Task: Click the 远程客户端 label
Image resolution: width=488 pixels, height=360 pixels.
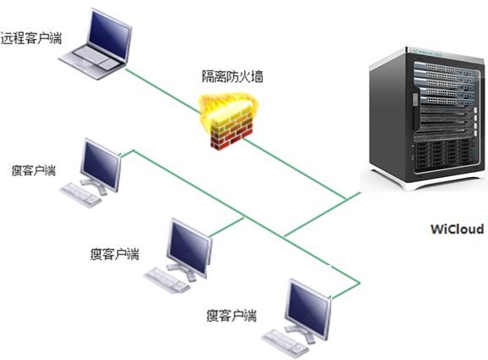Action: pyautogui.click(x=31, y=38)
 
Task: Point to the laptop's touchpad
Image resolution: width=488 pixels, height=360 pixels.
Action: pyautogui.click(x=107, y=64)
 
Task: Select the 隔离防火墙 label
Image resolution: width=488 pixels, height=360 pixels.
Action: pyautogui.click(x=232, y=77)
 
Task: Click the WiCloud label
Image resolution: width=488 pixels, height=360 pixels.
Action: pyautogui.click(x=457, y=229)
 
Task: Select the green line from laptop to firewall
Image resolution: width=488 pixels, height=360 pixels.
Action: pyautogui.click(x=162, y=91)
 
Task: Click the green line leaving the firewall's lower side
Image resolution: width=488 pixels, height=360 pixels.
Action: pyautogui.click(x=295, y=169)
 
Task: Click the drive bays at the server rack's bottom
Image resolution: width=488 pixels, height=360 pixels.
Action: pyautogui.click(x=443, y=156)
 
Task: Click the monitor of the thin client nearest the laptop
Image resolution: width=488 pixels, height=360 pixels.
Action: pyautogui.click(x=101, y=164)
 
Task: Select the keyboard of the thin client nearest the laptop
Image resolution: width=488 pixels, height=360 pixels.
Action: pyautogui.click(x=80, y=195)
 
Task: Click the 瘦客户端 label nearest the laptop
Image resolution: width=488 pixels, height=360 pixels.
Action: pyautogui.click(x=34, y=170)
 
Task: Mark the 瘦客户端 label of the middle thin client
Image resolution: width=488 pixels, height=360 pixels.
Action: pyautogui.click(x=115, y=254)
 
